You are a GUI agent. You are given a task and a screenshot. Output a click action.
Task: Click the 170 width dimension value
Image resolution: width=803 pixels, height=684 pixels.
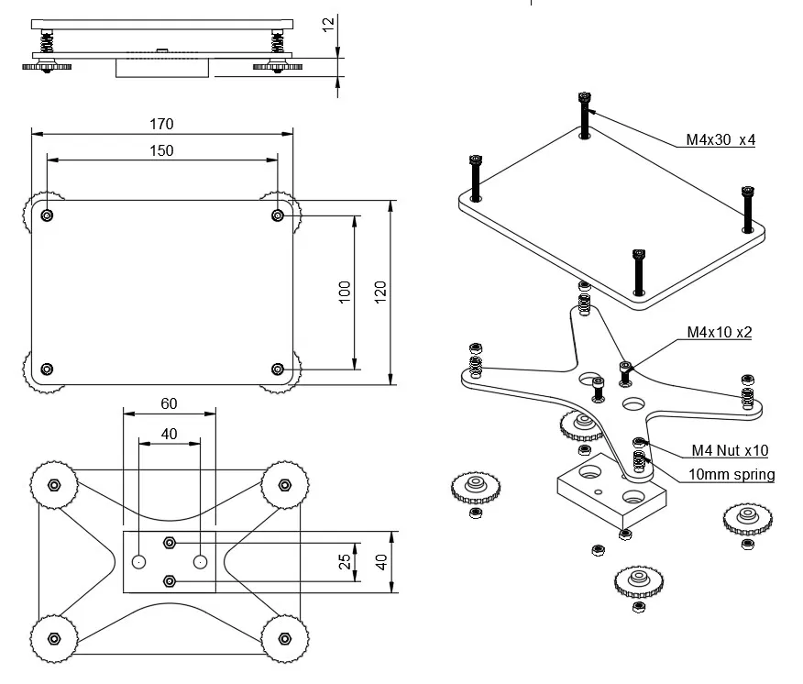(x=161, y=124)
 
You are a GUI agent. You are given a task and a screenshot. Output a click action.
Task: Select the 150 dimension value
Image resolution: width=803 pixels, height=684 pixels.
(x=161, y=150)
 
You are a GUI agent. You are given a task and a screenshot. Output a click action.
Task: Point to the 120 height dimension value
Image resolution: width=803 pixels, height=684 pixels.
(x=380, y=292)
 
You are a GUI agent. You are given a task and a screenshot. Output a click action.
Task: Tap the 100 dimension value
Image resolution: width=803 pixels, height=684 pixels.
(x=345, y=292)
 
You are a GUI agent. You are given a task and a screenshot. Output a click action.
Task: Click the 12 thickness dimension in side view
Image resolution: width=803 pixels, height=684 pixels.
(x=328, y=24)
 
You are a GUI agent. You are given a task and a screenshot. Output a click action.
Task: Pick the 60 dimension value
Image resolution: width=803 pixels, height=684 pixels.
(x=169, y=403)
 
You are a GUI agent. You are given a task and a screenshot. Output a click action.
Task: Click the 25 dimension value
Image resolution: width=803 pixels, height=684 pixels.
(x=345, y=561)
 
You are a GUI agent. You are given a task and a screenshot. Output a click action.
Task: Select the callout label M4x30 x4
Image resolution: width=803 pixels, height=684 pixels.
(x=720, y=139)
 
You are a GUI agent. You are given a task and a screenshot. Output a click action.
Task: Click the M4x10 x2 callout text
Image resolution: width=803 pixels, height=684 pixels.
(x=720, y=332)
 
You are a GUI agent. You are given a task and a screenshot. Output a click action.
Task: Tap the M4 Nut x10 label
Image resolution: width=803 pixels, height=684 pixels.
(x=730, y=450)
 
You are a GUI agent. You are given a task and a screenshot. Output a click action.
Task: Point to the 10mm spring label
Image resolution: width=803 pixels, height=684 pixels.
(x=731, y=474)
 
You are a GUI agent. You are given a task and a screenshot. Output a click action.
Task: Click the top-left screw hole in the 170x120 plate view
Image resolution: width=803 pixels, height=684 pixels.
(x=47, y=215)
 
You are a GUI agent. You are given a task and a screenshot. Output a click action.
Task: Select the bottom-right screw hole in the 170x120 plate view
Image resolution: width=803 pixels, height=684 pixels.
(x=278, y=370)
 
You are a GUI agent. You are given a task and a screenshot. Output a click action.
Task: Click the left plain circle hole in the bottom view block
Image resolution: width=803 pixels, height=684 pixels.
(x=138, y=562)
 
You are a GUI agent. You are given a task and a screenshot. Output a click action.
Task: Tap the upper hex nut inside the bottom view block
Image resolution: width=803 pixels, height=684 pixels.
(x=170, y=543)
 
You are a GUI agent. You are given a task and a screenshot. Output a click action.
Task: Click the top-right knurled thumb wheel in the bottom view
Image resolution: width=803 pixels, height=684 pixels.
(x=285, y=485)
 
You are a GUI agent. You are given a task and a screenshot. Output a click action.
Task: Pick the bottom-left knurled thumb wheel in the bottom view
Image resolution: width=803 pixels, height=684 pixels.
(x=54, y=638)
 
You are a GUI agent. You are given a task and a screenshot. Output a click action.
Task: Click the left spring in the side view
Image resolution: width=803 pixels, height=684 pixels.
(x=47, y=42)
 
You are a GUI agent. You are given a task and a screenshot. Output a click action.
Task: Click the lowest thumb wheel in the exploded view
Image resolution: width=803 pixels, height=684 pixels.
(x=639, y=581)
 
